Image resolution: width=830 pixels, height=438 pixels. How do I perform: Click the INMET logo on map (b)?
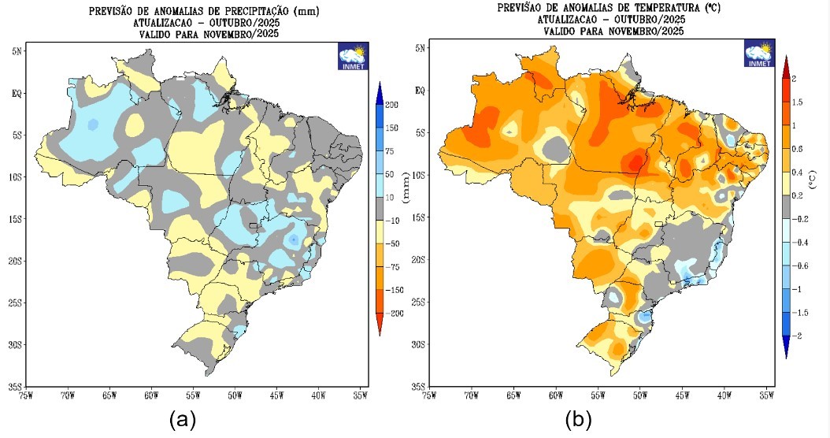point(759,54)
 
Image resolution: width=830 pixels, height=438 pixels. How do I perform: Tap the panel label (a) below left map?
point(183,420)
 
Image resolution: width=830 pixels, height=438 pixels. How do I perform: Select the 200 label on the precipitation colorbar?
point(392,105)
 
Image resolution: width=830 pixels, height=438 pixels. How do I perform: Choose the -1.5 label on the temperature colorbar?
point(801,312)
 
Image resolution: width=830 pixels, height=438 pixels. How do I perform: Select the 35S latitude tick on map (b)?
point(419,386)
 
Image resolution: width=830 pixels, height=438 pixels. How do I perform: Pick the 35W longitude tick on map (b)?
point(765,394)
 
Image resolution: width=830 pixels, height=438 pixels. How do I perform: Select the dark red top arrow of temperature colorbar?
point(785,65)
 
